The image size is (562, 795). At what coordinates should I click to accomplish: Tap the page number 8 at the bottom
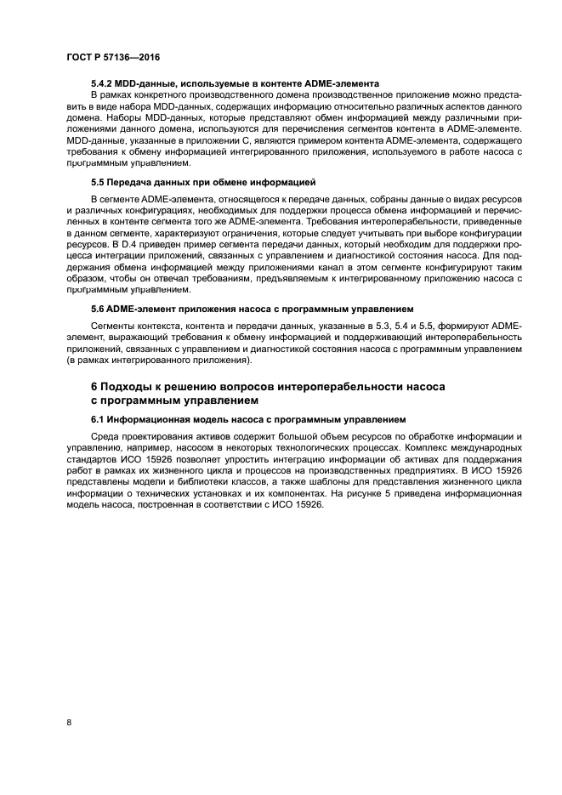point(68,723)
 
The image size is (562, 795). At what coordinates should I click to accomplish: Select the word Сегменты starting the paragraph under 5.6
point(116,326)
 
